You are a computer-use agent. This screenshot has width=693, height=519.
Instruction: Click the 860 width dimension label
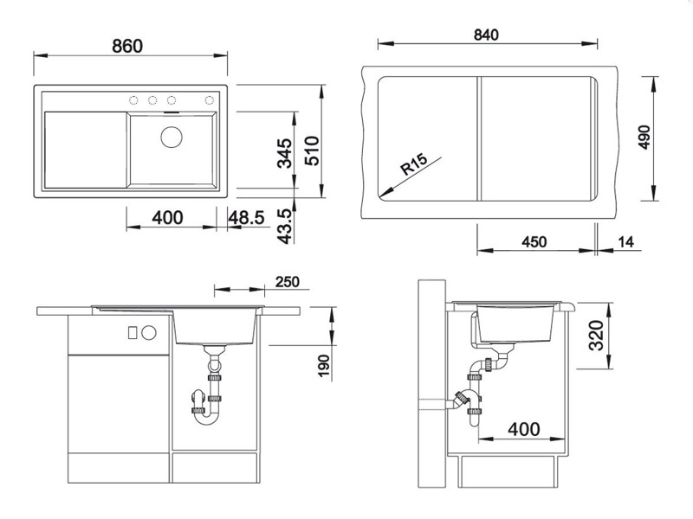tap(127, 46)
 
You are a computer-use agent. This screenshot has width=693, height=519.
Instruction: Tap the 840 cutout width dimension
tap(486, 35)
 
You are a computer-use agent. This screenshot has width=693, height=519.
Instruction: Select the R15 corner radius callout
tap(414, 163)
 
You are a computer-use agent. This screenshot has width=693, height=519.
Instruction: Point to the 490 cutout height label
tap(644, 138)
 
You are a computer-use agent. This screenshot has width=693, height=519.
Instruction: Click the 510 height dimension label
tap(312, 151)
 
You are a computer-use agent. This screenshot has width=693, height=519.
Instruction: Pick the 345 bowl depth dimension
tap(285, 154)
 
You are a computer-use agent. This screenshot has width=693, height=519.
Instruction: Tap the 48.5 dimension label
tap(246, 218)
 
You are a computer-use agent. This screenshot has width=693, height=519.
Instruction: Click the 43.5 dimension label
tap(285, 227)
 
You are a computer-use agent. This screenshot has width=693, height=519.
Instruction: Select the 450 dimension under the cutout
tap(534, 242)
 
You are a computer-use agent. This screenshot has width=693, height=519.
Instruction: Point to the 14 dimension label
tap(625, 242)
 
